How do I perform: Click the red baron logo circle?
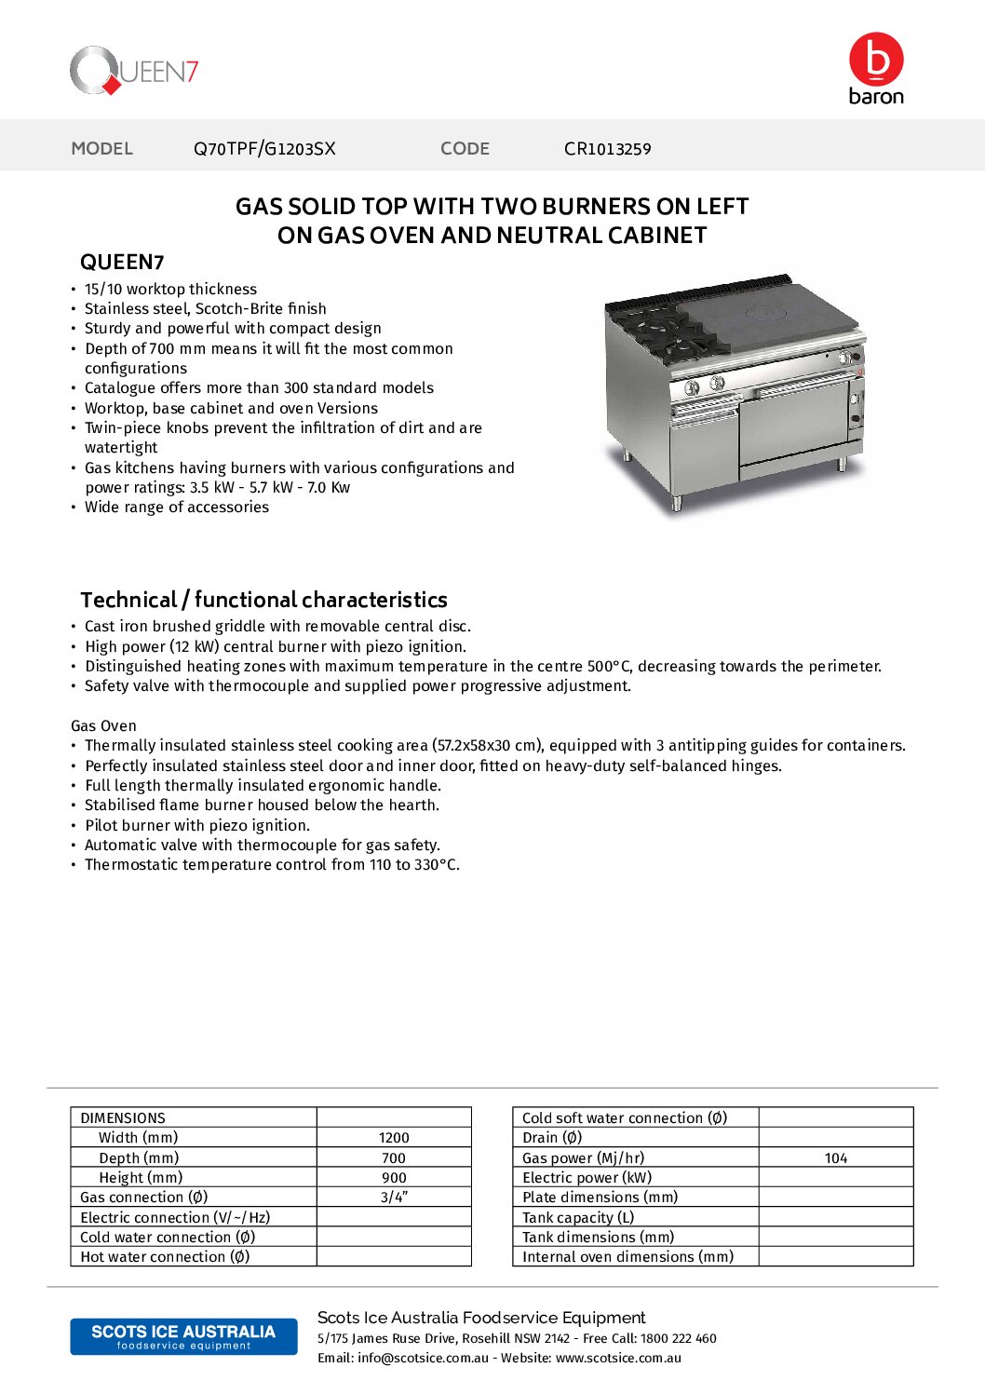tap(876, 60)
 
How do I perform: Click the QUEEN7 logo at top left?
tap(134, 71)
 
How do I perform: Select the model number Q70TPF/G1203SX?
tap(264, 149)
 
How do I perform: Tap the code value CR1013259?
tap(607, 149)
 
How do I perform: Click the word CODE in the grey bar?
tap(465, 149)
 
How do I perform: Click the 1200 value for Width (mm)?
tap(394, 1138)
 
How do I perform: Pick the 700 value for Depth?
tap(394, 1158)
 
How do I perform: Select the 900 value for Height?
tap(394, 1178)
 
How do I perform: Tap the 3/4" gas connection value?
tap(394, 1198)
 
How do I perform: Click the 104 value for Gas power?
tap(836, 1158)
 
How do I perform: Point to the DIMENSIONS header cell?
tap(123, 1118)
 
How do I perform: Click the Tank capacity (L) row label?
tap(578, 1218)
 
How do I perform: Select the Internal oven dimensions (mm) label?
tap(627, 1257)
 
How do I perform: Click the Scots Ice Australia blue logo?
tap(183, 1336)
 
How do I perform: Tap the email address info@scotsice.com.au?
tap(423, 1359)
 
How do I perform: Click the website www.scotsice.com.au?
tap(618, 1359)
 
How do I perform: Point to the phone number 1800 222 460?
tap(678, 1339)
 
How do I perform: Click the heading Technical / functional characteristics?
tap(263, 600)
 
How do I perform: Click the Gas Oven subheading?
tap(103, 726)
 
